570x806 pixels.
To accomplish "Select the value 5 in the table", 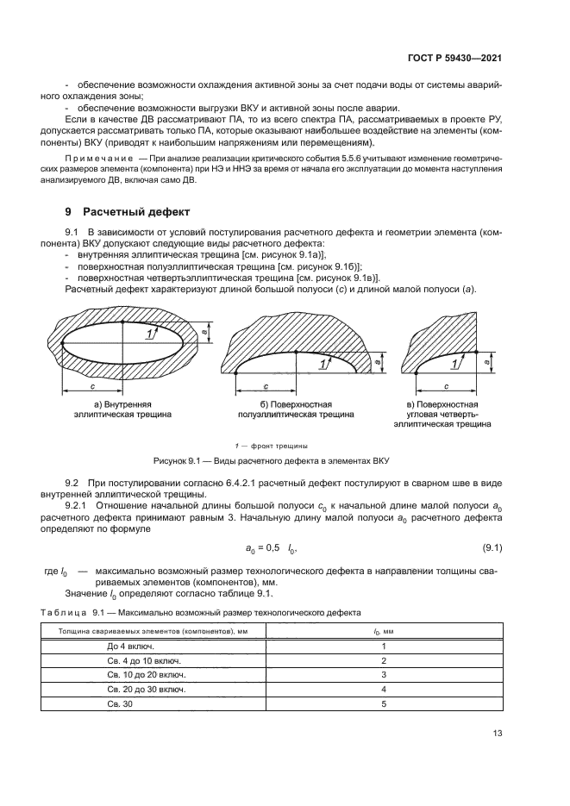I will (x=384, y=703).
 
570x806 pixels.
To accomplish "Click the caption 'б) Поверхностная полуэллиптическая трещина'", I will (x=294, y=409).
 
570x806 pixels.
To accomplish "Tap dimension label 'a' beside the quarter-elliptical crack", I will (x=489, y=363).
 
